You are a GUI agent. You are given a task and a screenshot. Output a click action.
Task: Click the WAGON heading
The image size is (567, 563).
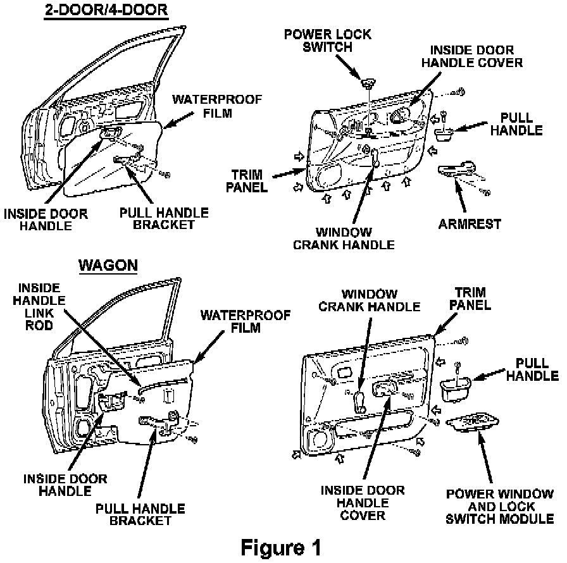(108, 265)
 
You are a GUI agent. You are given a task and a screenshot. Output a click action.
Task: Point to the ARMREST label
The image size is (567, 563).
(470, 224)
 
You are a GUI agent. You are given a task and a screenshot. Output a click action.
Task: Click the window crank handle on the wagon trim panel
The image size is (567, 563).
(358, 401)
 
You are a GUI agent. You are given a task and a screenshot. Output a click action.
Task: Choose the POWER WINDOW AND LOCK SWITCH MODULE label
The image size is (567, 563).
(500, 506)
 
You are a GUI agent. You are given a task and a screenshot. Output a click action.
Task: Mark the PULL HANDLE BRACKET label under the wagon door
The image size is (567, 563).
(140, 514)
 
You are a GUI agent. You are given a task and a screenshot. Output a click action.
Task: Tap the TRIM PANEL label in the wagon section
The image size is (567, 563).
(470, 299)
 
